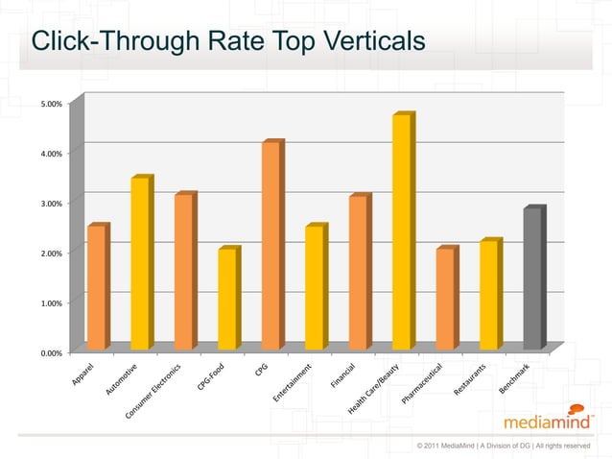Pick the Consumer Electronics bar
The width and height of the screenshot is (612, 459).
(184, 271)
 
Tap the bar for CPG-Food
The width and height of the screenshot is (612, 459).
(227, 299)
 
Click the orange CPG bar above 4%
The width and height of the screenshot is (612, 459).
(271, 245)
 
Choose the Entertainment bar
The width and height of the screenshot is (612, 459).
(315, 287)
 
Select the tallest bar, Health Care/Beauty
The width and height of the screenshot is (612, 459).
(402, 231)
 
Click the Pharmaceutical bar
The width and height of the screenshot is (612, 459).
(445, 299)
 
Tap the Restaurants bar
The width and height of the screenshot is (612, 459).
(489, 295)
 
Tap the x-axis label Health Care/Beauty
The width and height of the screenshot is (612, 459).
(375, 393)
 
